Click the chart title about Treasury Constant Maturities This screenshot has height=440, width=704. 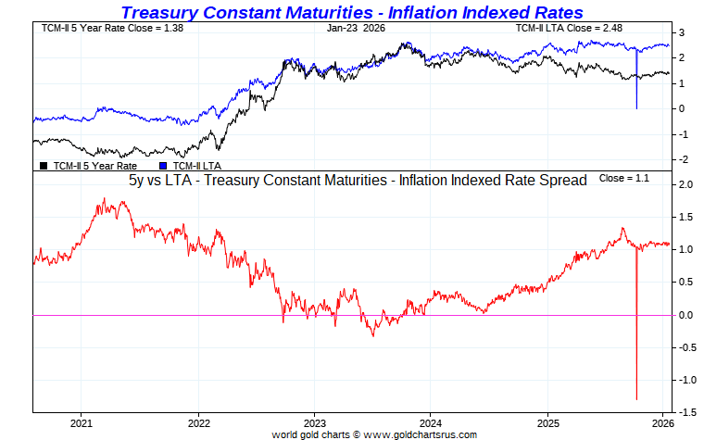(x=352, y=12)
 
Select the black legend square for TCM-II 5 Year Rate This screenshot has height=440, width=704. (x=44, y=166)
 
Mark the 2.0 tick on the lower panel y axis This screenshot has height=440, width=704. (x=686, y=185)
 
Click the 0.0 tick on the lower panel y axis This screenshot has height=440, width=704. (x=686, y=315)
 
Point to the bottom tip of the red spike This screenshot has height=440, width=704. (x=636, y=399)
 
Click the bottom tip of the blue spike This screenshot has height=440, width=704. (x=636, y=108)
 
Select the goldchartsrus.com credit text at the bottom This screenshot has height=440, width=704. (x=374, y=434)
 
